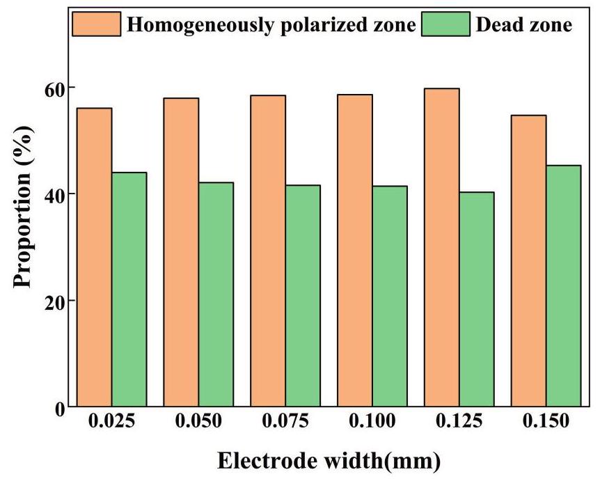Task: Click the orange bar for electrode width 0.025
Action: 95,257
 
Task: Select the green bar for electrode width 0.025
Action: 129,289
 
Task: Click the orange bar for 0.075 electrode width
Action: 268,251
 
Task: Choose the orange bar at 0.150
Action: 528,260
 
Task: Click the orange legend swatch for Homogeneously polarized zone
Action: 98,25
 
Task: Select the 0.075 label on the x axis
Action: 285,422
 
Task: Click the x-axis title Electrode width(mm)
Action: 329,460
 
